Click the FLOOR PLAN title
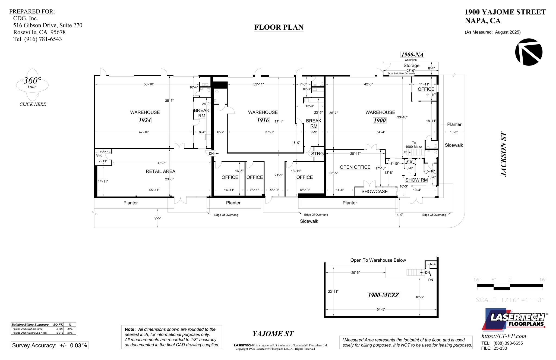coord(279,27)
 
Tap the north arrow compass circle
coord(529,52)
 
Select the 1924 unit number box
coord(145,120)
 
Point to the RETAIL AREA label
coord(160,171)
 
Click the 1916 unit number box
coord(263,120)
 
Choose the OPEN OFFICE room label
coord(355,167)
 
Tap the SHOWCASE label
coord(374,192)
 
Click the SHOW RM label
coord(416,180)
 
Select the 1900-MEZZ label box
coord(383,295)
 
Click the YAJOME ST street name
coord(273,334)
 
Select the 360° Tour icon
coord(32,84)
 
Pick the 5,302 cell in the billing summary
coord(59,329)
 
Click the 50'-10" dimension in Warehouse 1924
coord(149,84)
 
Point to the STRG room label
coord(317,154)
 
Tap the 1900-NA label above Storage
coord(412,55)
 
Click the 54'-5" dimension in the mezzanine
coord(381,309)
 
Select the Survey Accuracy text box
coord(50,345)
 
